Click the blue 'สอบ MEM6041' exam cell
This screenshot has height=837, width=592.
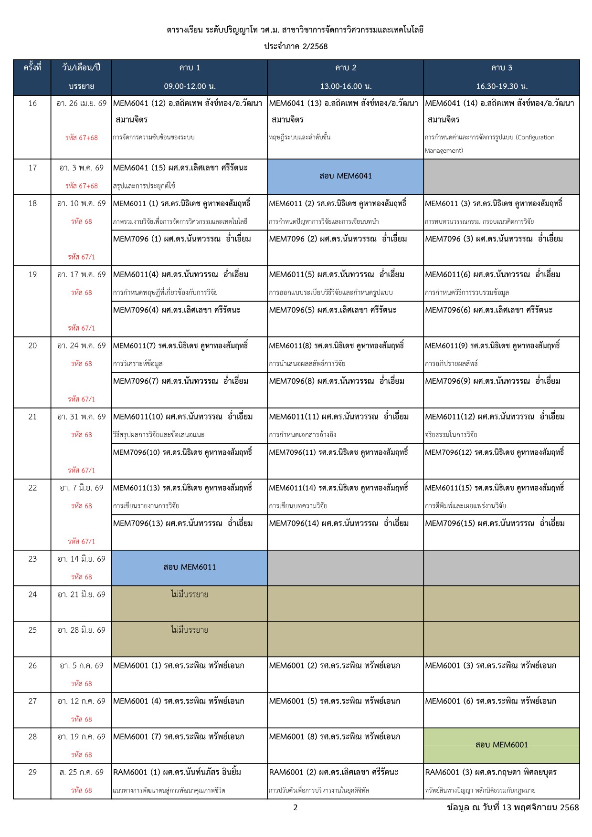[345, 176]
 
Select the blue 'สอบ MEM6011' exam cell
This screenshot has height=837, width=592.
[190, 567]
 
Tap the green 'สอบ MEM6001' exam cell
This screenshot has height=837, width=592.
[501, 745]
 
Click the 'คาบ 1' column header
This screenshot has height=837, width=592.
[190, 68]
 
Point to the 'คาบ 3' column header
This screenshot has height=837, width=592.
[501, 68]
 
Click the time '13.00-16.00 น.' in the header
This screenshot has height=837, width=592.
[346, 86]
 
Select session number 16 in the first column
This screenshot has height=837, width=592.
[32, 103]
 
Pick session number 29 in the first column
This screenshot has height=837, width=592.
[32, 772]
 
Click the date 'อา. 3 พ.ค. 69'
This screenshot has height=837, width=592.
[81, 168]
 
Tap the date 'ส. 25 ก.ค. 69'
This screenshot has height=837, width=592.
[81, 772]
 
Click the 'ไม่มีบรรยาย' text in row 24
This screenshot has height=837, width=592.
[190, 595]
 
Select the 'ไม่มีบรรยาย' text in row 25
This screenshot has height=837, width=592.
[190, 630]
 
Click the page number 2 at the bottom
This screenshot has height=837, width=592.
[296, 807]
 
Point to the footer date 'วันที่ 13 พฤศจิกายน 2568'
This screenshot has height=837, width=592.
[530, 807]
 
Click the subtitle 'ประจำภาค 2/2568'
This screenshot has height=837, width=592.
[296, 46]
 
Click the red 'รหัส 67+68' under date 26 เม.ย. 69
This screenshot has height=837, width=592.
[82, 138]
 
